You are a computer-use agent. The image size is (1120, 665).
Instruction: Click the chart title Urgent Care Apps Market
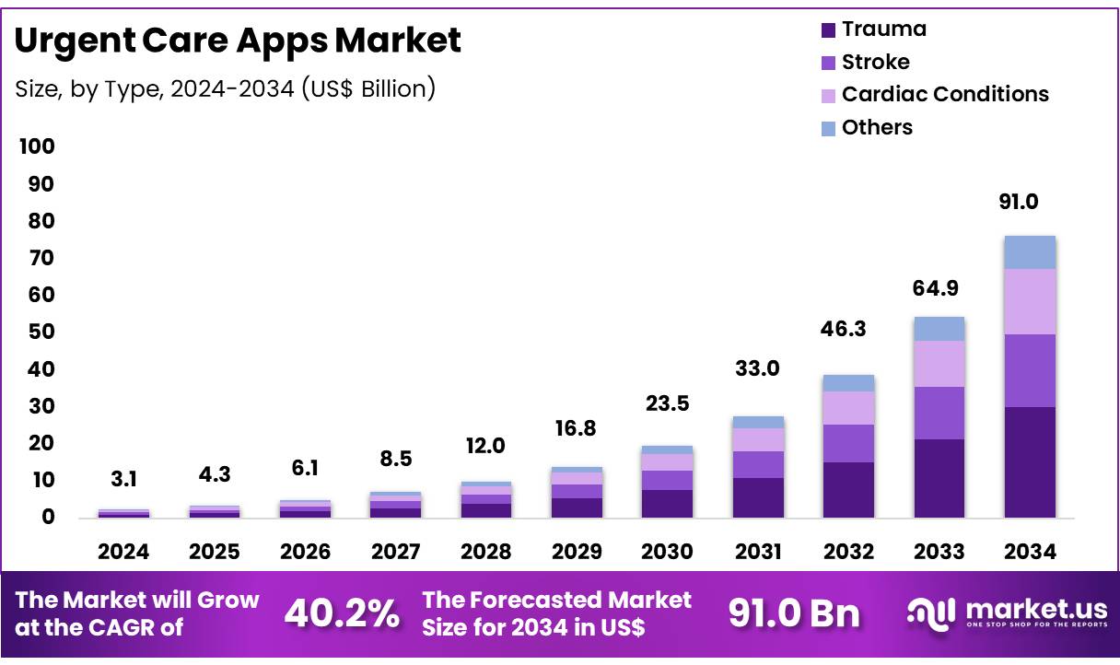point(239,41)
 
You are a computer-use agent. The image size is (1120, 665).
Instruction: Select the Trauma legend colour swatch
point(828,29)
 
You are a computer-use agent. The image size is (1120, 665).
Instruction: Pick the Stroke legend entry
point(875,62)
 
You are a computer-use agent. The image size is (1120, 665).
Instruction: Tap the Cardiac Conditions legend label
point(945,94)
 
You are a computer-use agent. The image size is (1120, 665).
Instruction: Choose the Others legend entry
point(877,127)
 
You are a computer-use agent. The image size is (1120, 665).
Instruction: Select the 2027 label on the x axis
point(395,551)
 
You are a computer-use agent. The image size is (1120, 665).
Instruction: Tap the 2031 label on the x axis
point(758,551)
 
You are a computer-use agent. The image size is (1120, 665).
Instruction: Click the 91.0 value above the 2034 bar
point(1031,203)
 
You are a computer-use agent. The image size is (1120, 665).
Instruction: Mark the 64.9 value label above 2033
point(939,288)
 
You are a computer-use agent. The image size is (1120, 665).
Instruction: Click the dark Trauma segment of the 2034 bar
point(1030,462)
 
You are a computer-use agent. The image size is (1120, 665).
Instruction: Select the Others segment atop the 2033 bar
point(939,329)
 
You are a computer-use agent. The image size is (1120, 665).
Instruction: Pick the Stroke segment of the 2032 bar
point(848,443)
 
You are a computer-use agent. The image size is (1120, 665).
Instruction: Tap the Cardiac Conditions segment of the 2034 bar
point(1030,301)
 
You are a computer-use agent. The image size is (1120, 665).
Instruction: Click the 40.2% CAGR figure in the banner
point(342,612)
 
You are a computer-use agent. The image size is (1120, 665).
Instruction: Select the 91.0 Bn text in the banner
point(793,612)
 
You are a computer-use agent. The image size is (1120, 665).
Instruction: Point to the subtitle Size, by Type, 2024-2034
point(226,88)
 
